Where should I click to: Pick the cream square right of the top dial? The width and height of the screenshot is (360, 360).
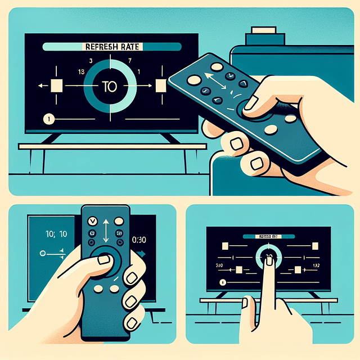[x=161, y=86]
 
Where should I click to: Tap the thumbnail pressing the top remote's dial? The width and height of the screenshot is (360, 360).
[x=253, y=102]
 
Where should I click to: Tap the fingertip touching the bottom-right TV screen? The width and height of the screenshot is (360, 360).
[x=269, y=259]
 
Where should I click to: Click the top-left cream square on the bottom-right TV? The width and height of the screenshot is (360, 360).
[x=224, y=245]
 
